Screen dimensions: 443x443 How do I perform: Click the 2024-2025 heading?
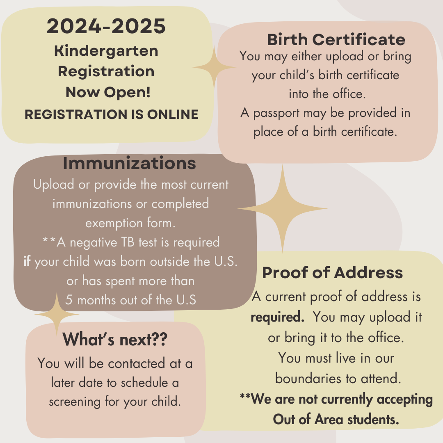click(106, 26)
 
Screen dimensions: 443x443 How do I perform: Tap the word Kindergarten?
click(106, 51)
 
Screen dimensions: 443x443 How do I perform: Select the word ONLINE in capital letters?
click(173, 114)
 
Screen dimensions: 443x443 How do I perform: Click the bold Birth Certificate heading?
click(336, 39)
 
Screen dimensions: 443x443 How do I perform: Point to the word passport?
click(276, 114)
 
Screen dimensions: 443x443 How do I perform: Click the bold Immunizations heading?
click(129, 163)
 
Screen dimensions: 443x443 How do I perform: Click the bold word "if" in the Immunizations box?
click(27, 261)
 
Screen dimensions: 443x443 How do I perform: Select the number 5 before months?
click(69, 300)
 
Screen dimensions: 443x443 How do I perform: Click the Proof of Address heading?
click(333, 273)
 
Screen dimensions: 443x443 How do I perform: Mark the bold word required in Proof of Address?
click(277, 317)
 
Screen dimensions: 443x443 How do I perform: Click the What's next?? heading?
click(115, 339)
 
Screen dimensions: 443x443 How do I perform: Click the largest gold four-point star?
click(283, 209)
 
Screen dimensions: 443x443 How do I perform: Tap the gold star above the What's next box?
click(57, 314)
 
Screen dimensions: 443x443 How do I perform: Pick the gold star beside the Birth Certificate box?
click(214, 67)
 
